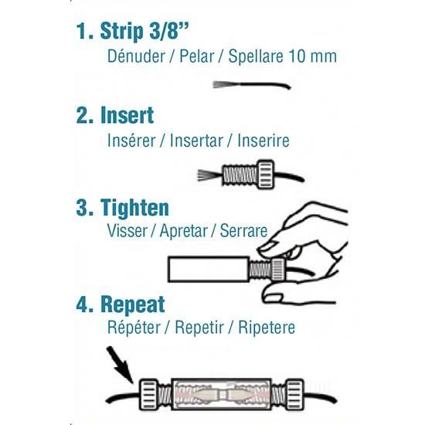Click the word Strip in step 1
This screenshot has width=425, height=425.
pos(121,31)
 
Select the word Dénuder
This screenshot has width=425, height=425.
pos(136,56)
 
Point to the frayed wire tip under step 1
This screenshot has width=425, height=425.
pos(219,84)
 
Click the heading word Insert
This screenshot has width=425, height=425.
pos(127,115)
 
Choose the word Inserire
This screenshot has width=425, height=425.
pos(263,141)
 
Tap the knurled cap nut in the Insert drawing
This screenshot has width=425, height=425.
pos(266,175)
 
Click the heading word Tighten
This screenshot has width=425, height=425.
pos(134,208)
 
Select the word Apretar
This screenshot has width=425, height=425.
pos(183,231)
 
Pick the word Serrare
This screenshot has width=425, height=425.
pos(243,231)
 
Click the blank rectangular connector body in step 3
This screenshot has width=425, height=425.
pos(208,269)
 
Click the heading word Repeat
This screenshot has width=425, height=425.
pos(133,304)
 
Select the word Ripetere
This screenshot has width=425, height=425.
pos(267,327)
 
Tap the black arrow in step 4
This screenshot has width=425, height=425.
pos(120,365)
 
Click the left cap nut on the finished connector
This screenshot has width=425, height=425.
pos(148,394)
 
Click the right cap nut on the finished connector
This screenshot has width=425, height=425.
pos(295,394)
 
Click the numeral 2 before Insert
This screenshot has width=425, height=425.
pos(82,115)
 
